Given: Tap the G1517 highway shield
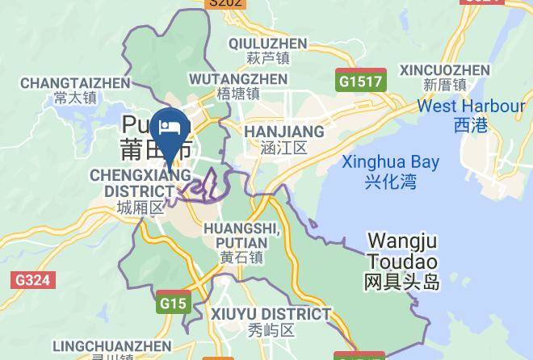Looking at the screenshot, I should pos(361,82).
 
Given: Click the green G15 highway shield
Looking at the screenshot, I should pos(172,303).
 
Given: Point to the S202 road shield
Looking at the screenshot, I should pos(225,3).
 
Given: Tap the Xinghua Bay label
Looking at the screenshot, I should pos(390,162).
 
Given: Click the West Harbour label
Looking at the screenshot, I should pos(471,107).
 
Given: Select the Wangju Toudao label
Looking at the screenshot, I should pos(401,251).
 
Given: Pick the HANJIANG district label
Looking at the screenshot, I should pos(284,132).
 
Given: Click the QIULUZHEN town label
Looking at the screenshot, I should pos(267,44).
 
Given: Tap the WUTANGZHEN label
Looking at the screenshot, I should pos(238,79).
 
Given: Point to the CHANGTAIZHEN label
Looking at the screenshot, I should pos(74,83).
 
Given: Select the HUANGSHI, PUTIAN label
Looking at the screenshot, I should pos(241,236).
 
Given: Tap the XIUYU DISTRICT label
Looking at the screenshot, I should pos(271,313).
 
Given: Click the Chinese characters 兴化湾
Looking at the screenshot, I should pos(390,181).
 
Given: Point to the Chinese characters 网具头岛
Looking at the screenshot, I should pos(401,282).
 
